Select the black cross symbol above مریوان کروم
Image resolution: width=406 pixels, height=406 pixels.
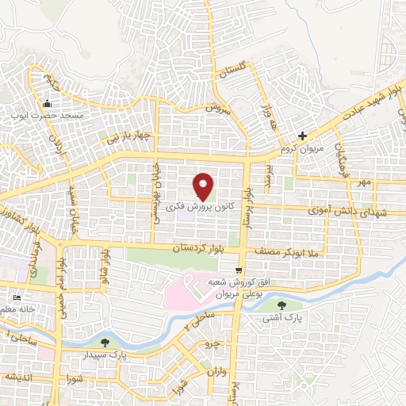301,136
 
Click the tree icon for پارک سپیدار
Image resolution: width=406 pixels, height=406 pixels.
105,343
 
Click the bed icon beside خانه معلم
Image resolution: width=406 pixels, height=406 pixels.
17,297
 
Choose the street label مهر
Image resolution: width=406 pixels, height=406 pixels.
364,182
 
